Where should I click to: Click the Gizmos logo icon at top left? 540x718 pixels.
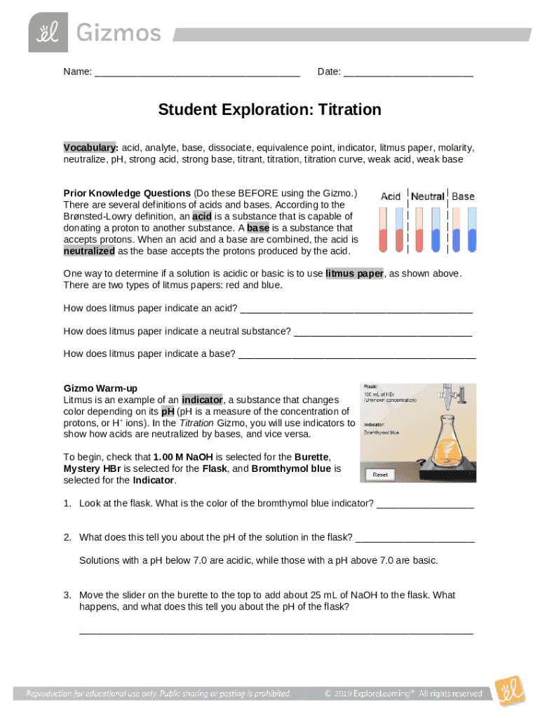pos(48,32)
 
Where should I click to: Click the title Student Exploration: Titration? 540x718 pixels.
pos(269,110)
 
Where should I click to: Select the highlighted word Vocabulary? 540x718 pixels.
pos(90,148)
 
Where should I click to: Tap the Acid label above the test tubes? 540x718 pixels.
pos(391,196)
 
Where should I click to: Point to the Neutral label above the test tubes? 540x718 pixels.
pos(428,196)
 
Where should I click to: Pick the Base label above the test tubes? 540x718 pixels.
pos(463,196)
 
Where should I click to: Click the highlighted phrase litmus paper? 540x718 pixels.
pos(354,273)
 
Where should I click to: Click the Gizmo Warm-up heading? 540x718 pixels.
pos(100,388)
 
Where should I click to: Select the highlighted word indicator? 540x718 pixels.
pos(202,400)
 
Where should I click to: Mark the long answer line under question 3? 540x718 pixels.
pos(276,632)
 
